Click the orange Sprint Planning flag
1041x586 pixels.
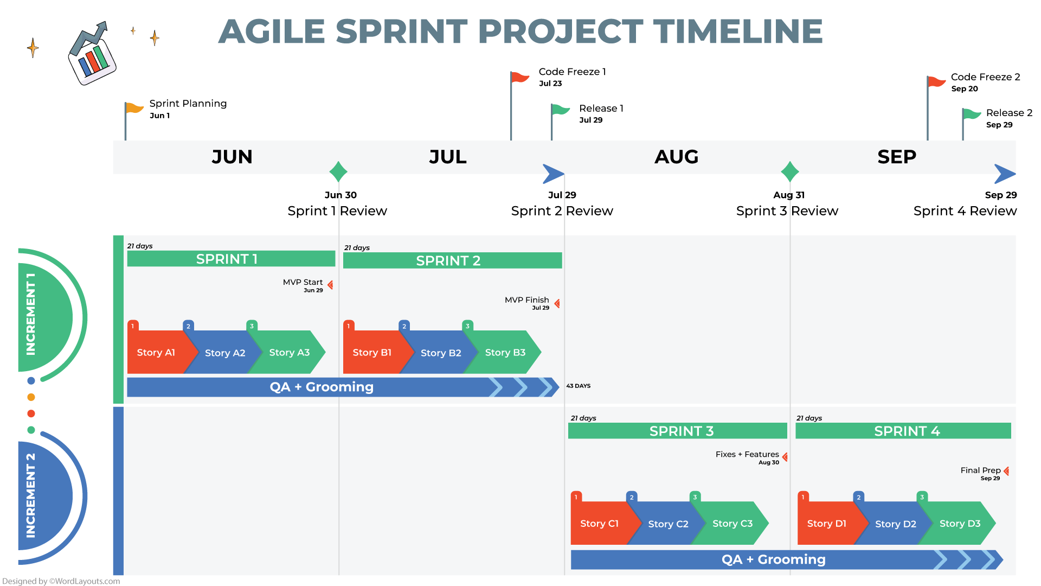(x=134, y=107)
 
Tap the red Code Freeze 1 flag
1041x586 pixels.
(x=519, y=77)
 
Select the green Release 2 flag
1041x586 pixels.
(x=971, y=114)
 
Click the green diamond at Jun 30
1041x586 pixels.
(x=338, y=171)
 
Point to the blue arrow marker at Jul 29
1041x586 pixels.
(x=553, y=174)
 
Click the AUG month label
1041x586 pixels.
(x=676, y=157)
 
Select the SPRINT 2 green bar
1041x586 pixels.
(x=452, y=260)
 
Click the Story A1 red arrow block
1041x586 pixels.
(x=156, y=353)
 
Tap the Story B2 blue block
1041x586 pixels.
(x=440, y=353)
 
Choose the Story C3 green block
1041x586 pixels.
(x=732, y=524)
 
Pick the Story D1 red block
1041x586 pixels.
(x=826, y=524)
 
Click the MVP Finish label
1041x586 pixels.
(x=526, y=300)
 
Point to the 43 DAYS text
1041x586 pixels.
(x=578, y=386)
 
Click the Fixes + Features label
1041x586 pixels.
(x=747, y=455)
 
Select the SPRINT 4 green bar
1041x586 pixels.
(x=903, y=431)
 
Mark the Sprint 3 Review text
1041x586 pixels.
(x=787, y=211)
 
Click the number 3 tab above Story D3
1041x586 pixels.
(x=922, y=497)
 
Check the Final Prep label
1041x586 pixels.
(x=980, y=470)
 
